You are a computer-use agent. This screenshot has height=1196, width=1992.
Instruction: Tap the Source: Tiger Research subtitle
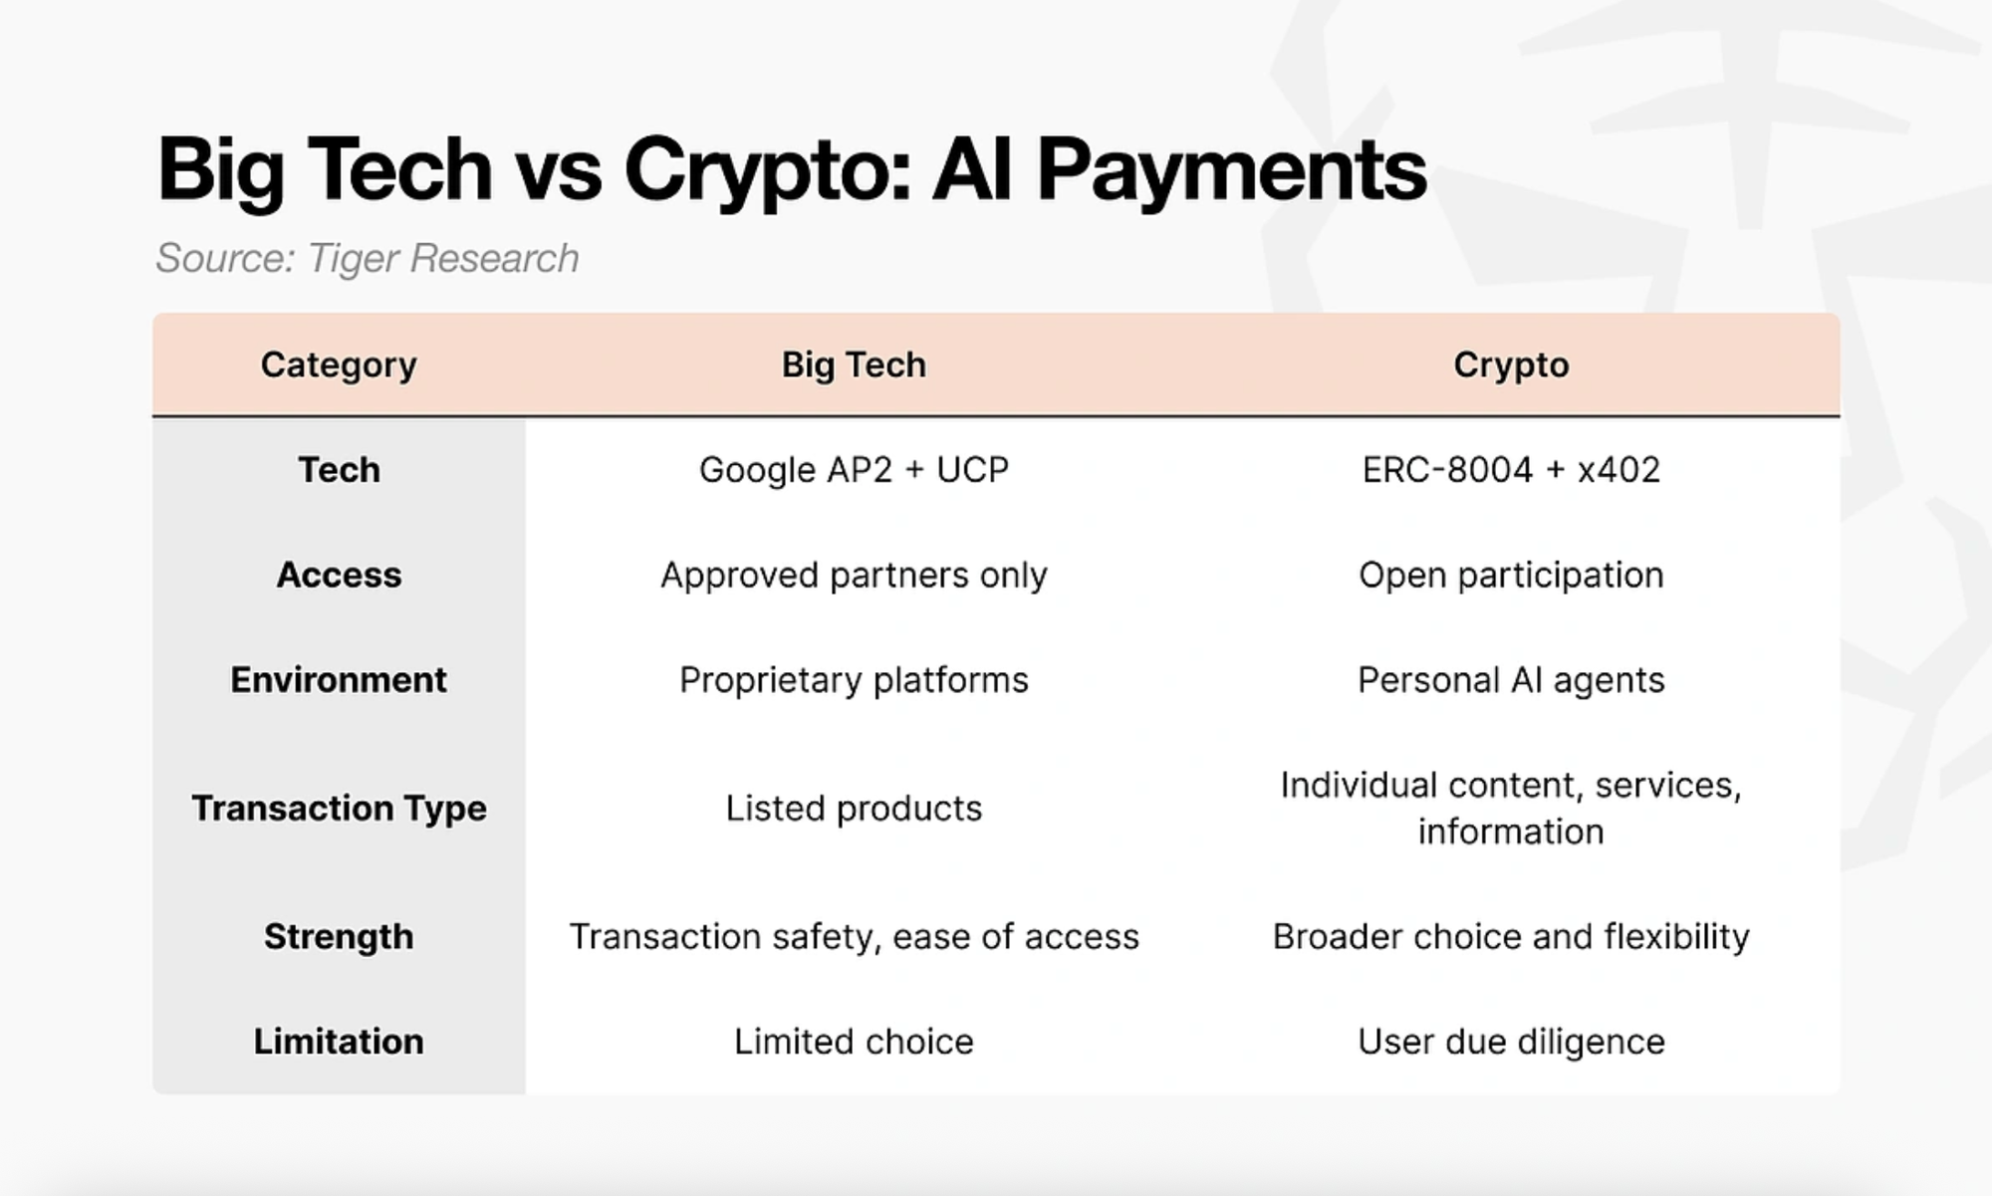(x=368, y=258)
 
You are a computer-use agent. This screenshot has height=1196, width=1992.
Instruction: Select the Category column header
(x=339, y=365)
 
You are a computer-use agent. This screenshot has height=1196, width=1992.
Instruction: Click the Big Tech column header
(x=854, y=365)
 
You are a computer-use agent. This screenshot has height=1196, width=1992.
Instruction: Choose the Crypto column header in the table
(x=1511, y=365)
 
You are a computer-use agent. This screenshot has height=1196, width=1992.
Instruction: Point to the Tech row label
(x=339, y=469)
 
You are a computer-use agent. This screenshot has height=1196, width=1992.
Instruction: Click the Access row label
(x=339, y=575)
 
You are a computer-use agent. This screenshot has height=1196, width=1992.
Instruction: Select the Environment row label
(x=339, y=680)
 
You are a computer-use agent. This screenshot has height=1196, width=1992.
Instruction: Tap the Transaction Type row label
(x=339, y=809)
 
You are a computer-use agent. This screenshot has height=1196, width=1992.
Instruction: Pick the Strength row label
(x=339, y=937)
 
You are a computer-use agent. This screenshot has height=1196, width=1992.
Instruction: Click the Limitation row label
(x=339, y=1042)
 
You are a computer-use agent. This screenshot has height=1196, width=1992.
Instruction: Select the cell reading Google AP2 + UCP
(x=854, y=469)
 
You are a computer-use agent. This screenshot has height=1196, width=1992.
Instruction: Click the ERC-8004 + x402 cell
(x=1511, y=469)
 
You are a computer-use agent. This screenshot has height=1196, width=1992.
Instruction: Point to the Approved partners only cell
(x=854, y=576)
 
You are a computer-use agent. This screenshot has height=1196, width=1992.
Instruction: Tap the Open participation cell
(x=1511, y=576)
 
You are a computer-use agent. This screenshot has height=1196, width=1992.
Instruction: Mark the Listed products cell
(x=854, y=809)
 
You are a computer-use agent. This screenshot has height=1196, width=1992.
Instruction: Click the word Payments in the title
(x=1232, y=171)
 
